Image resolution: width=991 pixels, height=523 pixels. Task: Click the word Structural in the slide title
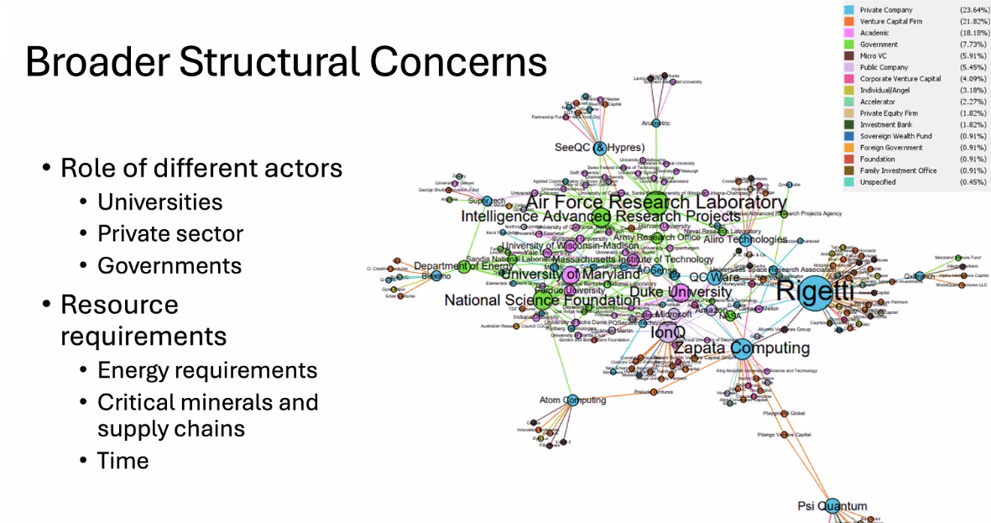click(284, 62)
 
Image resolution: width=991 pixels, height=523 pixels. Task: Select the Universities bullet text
click(159, 202)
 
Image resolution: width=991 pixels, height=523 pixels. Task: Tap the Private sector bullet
click(170, 233)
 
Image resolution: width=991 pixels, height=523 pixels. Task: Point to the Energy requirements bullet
click(207, 370)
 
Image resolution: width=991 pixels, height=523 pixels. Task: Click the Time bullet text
click(123, 460)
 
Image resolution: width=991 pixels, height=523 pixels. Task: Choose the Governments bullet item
click(170, 265)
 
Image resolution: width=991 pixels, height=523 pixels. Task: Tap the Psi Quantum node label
click(832, 506)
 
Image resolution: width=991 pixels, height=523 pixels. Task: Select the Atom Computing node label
click(572, 400)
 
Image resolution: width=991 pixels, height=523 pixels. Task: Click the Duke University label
click(675, 292)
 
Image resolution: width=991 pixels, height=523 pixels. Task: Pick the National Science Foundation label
click(542, 300)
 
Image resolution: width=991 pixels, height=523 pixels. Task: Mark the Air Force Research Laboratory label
click(655, 202)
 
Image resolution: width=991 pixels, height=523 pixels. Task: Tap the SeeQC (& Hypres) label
click(599, 148)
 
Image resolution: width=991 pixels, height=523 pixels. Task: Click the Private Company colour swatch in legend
click(850, 9)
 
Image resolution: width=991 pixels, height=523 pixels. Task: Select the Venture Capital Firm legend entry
click(890, 21)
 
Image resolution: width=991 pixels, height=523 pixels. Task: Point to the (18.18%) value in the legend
click(973, 33)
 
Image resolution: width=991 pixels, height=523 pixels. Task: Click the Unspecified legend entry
click(879, 181)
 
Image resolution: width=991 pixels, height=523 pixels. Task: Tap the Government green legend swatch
click(850, 44)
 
